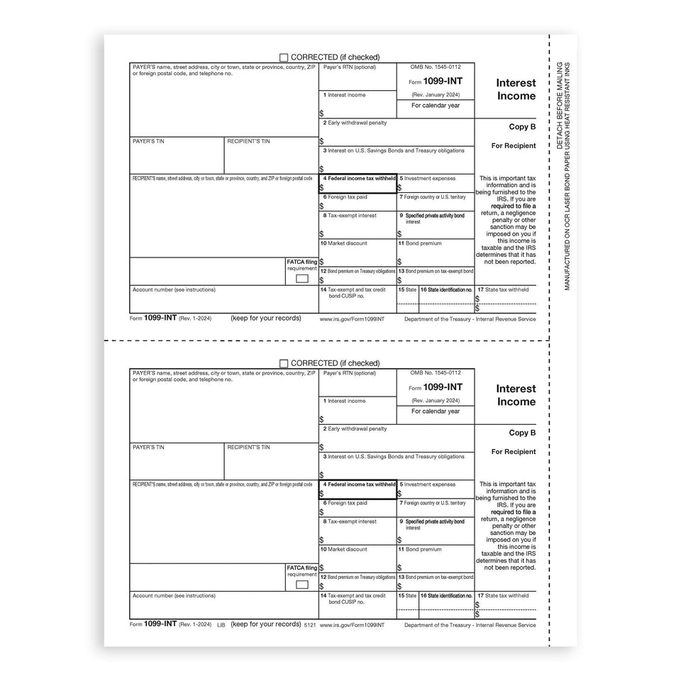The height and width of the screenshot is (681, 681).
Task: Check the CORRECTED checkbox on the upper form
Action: [284, 57]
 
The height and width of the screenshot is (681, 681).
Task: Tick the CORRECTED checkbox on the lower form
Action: [284, 363]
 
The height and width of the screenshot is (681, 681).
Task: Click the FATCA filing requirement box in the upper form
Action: [302, 279]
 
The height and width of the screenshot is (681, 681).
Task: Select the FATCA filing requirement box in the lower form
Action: [302, 585]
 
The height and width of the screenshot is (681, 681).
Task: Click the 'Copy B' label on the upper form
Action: [522, 127]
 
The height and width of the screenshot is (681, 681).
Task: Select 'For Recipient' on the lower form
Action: [514, 452]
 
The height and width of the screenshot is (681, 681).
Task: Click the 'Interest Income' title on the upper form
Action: [516, 89]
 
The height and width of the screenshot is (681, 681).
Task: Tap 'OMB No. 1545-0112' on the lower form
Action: [436, 372]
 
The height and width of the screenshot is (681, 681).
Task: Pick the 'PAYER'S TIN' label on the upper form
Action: [148, 141]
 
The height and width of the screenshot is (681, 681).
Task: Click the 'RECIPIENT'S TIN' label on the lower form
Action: [248, 448]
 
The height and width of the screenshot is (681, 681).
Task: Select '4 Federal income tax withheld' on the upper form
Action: [360, 179]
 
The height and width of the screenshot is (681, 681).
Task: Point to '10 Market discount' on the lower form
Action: [343, 549]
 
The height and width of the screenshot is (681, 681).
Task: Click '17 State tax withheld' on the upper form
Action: [503, 289]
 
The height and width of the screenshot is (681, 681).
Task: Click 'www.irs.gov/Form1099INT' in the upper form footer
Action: [352, 319]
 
